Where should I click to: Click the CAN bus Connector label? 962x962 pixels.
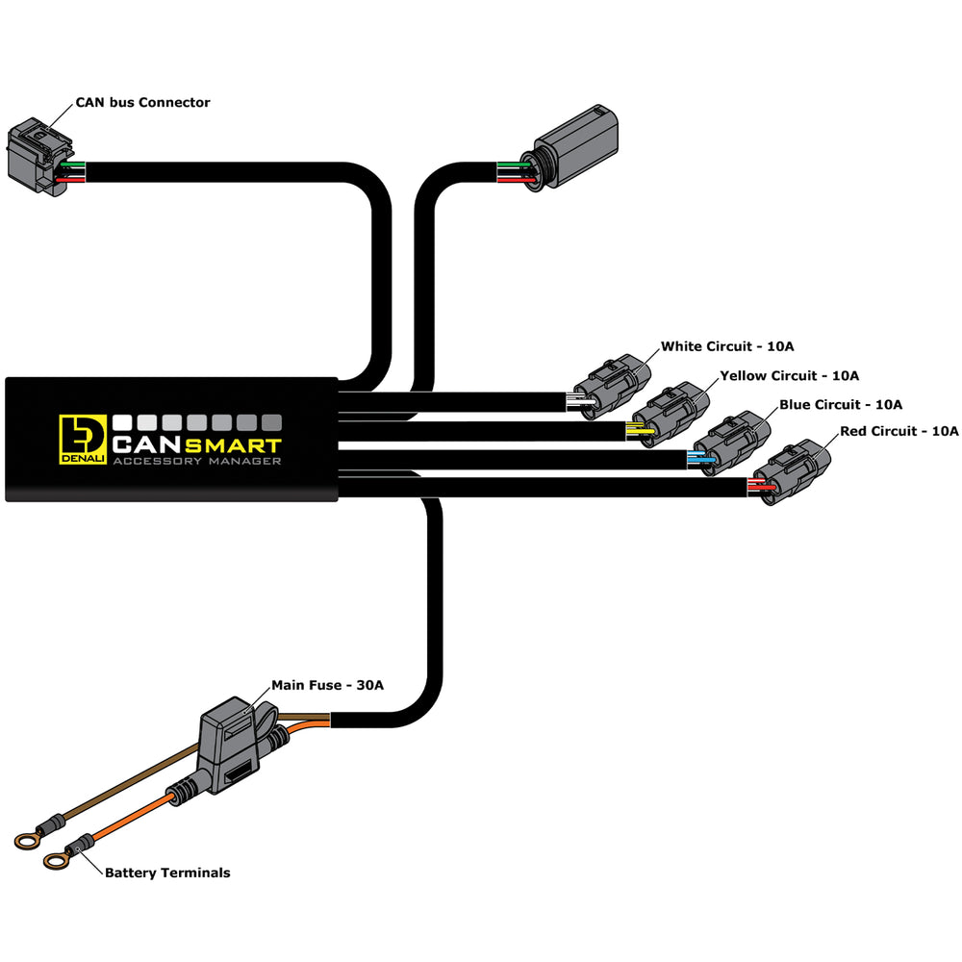coord(142,102)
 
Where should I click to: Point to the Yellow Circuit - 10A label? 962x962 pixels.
coord(789,375)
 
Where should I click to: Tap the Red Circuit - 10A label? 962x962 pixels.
coord(899,431)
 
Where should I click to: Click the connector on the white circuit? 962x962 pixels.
coord(611,383)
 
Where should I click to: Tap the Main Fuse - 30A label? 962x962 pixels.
coord(327,685)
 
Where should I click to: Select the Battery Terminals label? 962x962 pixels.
coord(167,873)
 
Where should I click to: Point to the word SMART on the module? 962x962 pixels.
coord(233,445)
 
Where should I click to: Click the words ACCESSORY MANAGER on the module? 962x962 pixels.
coord(196,463)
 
